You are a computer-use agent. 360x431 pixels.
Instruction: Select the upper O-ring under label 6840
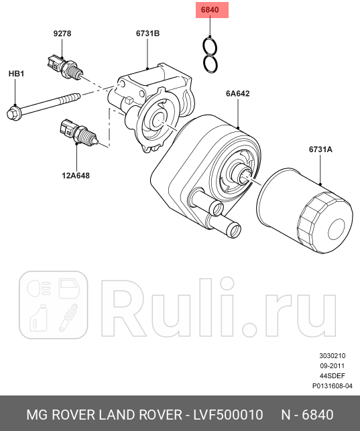click(211, 46)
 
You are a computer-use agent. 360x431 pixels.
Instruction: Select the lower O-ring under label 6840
click(211, 64)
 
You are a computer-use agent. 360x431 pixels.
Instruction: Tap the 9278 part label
click(62, 33)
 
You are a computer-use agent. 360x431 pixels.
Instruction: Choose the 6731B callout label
click(147, 33)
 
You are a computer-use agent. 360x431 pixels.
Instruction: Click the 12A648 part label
click(76, 176)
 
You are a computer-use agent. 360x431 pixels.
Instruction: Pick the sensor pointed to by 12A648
click(77, 131)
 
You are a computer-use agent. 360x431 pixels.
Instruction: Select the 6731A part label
click(320, 149)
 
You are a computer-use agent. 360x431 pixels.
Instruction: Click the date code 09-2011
click(333, 366)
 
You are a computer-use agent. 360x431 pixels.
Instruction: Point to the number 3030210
click(333, 356)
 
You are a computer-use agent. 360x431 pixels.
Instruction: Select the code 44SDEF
click(332, 376)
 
